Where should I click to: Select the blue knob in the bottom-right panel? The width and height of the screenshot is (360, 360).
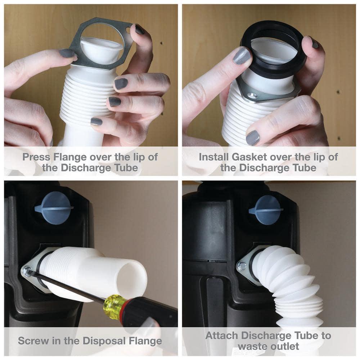267,210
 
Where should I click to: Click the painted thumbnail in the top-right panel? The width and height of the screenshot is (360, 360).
242,56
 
